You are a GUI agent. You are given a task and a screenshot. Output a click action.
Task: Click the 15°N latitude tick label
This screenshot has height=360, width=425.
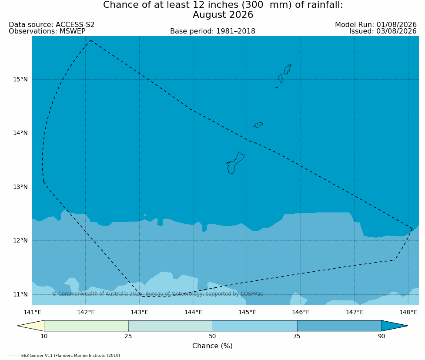click(x=20, y=80)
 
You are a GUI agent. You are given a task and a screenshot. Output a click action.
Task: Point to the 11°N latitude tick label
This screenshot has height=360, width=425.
click(x=20, y=294)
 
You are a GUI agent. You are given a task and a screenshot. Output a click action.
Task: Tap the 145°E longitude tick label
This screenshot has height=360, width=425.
click(x=247, y=312)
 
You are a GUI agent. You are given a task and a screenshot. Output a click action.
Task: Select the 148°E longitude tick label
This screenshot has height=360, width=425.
click(x=408, y=312)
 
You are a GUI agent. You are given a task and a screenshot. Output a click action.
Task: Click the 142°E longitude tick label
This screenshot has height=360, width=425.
click(x=86, y=312)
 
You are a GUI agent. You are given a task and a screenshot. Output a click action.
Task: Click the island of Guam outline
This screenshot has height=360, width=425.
click(x=235, y=163)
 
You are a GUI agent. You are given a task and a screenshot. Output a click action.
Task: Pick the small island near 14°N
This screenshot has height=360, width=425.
click(x=258, y=125)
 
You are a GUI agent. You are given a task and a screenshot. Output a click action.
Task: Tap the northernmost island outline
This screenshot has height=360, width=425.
click(x=288, y=69)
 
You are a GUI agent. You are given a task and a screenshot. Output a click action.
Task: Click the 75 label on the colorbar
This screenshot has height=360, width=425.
click(x=297, y=336)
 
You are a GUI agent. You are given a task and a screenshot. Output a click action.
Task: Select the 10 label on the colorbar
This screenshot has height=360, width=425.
click(x=44, y=336)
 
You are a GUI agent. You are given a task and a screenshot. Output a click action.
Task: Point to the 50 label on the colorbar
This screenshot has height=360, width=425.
click(x=212, y=336)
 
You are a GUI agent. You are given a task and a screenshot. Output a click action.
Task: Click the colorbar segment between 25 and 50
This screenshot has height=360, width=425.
click(x=171, y=326)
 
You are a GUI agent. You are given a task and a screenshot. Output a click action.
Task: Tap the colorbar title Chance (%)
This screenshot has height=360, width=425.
click(x=212, y=346)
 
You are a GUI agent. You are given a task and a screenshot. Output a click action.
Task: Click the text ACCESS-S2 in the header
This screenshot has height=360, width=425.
click(x=75, y=25)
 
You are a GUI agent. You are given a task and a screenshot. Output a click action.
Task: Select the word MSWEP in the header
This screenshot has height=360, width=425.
click(x=72, y=31)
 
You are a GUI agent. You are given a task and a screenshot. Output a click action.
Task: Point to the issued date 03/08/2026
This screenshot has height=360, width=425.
click(x=396, y=31)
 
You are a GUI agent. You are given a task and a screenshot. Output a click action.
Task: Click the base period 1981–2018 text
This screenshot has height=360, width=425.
click(x=235, y=31)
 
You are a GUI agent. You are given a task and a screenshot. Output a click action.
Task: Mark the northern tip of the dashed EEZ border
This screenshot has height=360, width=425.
click(x=90, y=40)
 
